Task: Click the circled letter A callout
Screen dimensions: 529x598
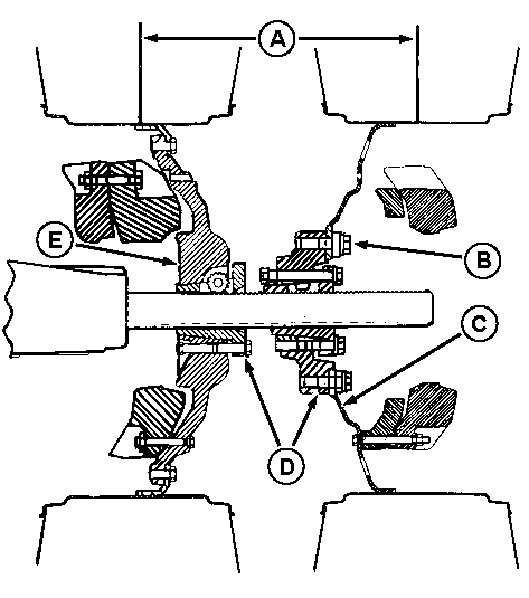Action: (x=277, y=39)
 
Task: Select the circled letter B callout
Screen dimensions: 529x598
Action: (x=483, y=260)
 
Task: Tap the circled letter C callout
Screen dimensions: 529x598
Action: (x=479, y=324)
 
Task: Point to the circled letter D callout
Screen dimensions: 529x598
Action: (x=286, y=466)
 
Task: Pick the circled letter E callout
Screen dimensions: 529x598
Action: (x=55, y=241)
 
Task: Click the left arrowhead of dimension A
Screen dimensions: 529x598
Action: (x=150, y=38)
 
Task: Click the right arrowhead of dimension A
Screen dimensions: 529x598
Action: (x=406, y=39)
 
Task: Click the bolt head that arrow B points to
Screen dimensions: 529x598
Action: (x=343, y=244)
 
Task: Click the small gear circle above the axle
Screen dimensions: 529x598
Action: (x=218, y=283)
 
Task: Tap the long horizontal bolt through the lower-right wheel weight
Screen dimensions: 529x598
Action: (x=392, y=443)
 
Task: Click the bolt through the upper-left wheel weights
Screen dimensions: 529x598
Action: (x=110, y=179)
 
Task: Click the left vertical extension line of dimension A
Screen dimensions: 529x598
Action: (x=140, y=73)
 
